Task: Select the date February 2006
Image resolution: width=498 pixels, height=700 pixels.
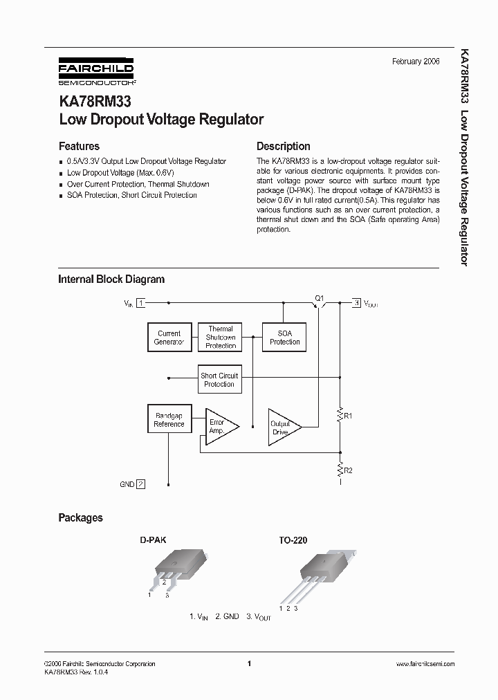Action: coord(416,62)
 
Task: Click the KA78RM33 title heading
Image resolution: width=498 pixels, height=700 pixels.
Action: coord(90,101)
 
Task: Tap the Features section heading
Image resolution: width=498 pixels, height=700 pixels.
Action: coord(79,147)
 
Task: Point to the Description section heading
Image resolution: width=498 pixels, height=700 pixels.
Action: coord(283,147)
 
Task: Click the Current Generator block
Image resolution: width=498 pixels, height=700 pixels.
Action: coord(169,338)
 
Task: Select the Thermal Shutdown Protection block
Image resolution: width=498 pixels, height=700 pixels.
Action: coord(221,337)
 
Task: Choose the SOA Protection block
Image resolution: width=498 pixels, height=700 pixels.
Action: coord(284,337)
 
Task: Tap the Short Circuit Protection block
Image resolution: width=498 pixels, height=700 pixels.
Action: coord(219,380)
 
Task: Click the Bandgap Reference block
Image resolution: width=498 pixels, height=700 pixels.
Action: coord(169,420)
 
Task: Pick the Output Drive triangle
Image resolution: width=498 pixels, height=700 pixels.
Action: coord(283,427)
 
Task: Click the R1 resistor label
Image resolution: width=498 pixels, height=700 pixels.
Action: coord(348,416)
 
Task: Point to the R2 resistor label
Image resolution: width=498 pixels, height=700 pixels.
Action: coord(348,470)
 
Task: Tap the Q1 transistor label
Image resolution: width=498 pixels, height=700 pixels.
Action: coord(319,298)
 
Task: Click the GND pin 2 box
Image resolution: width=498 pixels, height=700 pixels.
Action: coord(141,484)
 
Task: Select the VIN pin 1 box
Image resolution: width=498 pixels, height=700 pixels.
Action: coord(141,303)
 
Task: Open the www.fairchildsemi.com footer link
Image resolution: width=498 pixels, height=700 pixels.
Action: coord(425,664)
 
